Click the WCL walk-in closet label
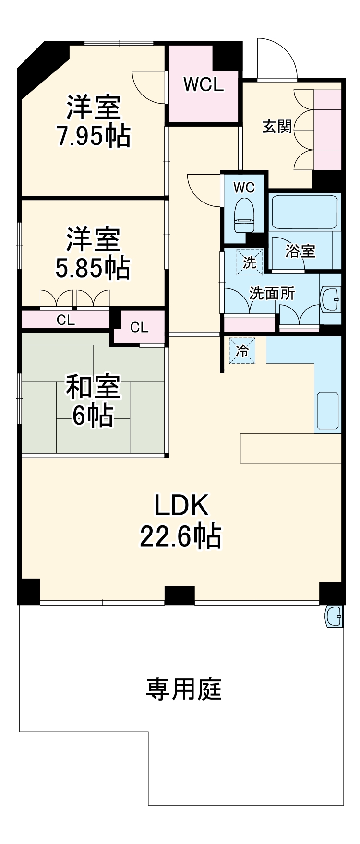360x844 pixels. pyautogui.click(x=204, y=85)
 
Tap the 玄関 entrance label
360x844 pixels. pyautogui.click(x=277, y=127)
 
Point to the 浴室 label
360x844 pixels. pyautogui.click(x=300, y=250)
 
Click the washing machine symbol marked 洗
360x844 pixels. pyautogui.click(x=250, y=262)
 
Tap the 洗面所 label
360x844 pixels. pyautogui.click(x=272, y=293)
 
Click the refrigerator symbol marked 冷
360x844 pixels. pyautogui.click(x=242, y=351)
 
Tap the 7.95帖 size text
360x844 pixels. pyautogui.click(x=94, y=136)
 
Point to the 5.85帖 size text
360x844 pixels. pyautogui.click(x=93, y=268)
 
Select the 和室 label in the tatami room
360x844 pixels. pyautogui.click(x=93, y=387)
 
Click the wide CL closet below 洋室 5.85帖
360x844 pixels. pyautogui.click(x=66, y=320)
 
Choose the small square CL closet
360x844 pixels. pyautogui.click(x=139, y=327)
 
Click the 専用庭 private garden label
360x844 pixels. pyautogui.click(x=183, y=689)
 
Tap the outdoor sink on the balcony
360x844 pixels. pyautogui.click(x=335, y=616)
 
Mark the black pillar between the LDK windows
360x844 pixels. pyautogui.click(x=180, y=595)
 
